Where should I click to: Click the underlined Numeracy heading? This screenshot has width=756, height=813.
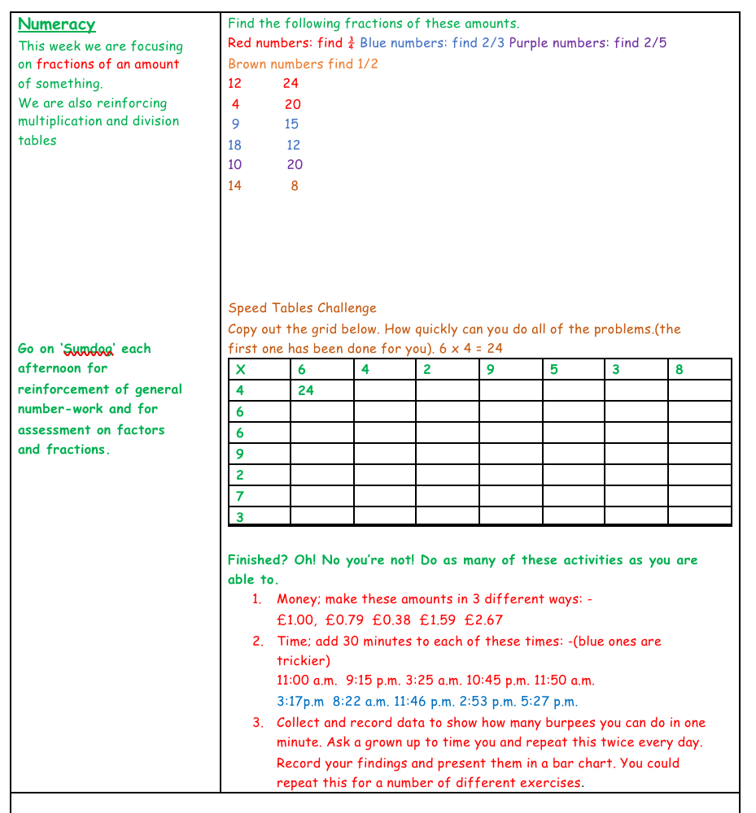point(56,25)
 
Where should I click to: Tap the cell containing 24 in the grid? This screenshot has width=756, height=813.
point(306,390)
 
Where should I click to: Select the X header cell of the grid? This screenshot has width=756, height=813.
point(241,369)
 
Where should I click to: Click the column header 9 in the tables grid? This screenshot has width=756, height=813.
point(490,369)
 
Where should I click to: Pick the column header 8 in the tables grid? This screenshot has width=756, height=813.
point(680,369)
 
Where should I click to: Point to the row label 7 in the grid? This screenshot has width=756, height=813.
point(240,496)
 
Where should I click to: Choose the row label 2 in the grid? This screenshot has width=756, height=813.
point(240,475)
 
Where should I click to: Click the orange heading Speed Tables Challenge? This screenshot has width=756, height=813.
point(302,308)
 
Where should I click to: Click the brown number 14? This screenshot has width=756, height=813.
point(234,185)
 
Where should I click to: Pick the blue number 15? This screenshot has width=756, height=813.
point(291,124)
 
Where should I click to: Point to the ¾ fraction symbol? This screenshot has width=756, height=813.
point(351,43)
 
